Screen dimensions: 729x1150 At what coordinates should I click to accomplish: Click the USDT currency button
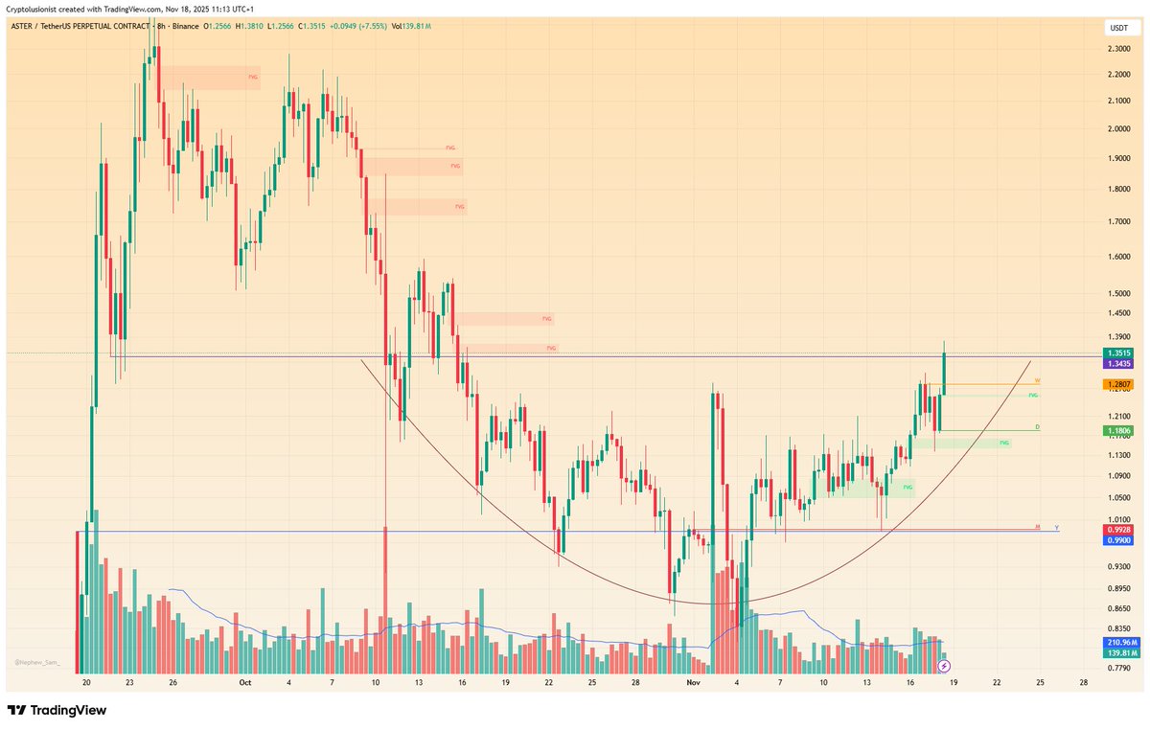coord(1118,29)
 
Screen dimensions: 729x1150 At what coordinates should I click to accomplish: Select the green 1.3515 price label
coord(1119,353)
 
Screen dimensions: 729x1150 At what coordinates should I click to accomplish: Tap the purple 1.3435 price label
coord(1119,364)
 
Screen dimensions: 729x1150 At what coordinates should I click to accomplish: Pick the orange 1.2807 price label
coord(1119,384)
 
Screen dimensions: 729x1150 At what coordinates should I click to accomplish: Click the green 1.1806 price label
coord(1119,431)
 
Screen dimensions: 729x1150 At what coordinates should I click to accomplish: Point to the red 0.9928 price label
coord(1119,529)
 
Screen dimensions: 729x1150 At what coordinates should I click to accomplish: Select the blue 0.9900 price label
coord(1119,540)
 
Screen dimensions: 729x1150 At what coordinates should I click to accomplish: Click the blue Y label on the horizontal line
coord(1056,527)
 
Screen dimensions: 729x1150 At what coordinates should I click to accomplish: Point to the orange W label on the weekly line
coord(1037,380)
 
